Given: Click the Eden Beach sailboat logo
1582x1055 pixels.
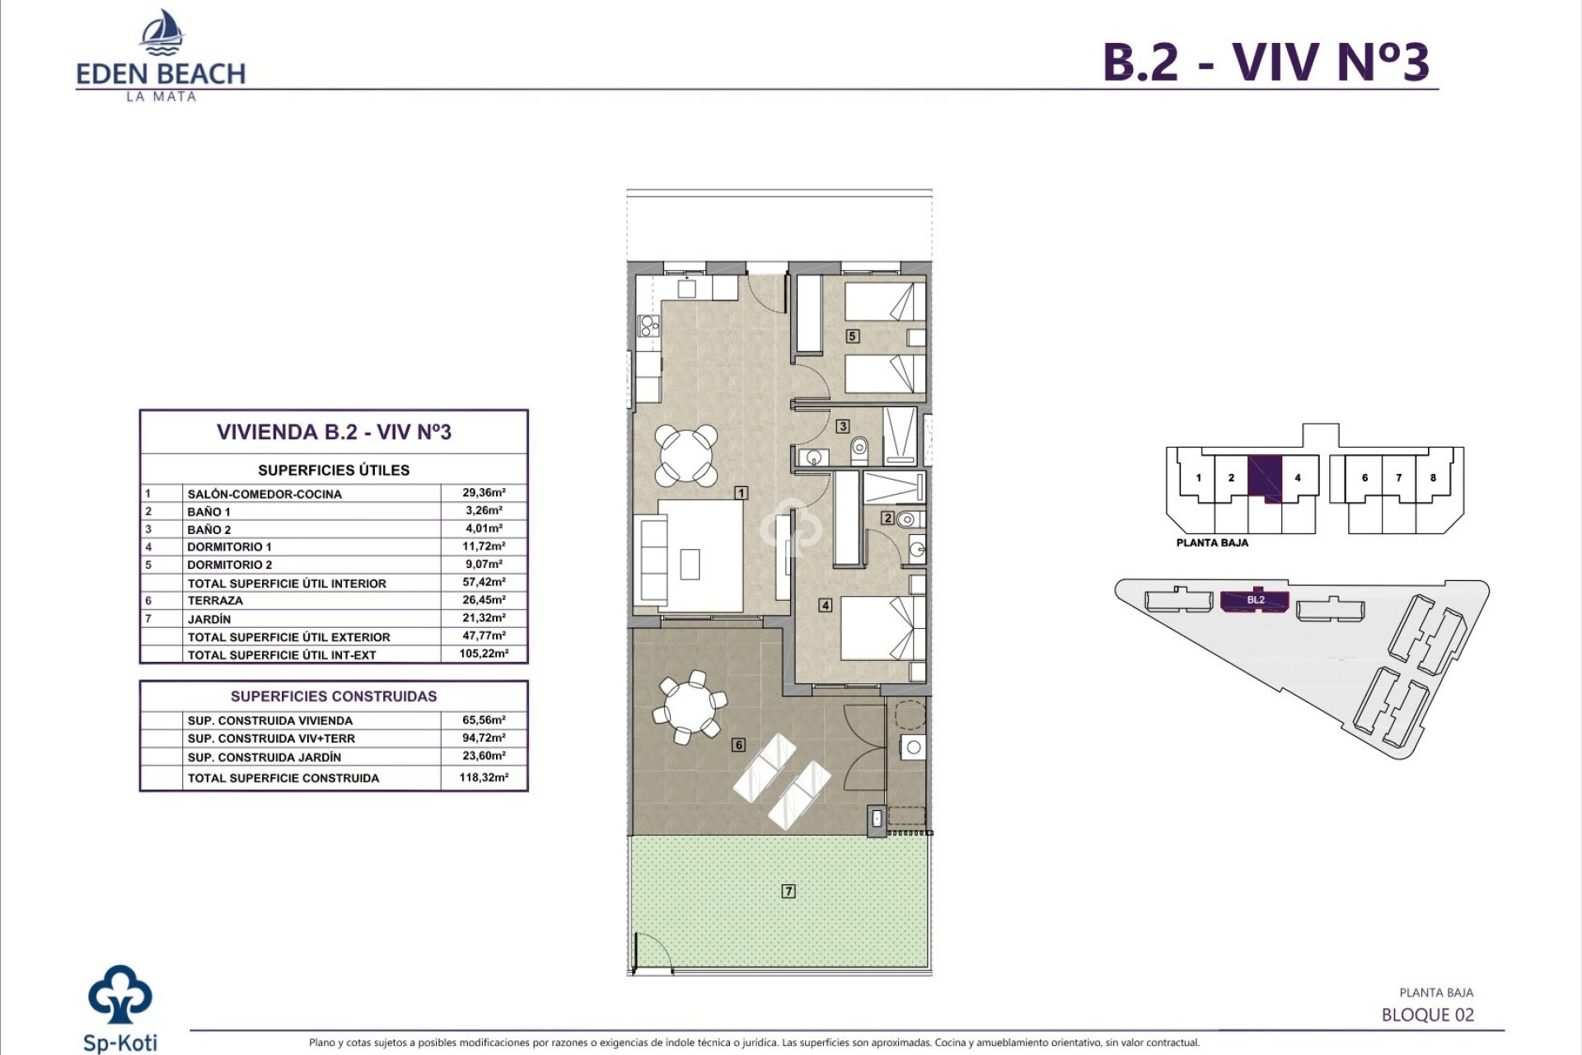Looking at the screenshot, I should click(x=161, y=33).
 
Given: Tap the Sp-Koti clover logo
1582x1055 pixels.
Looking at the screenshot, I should click(x=120, y=995).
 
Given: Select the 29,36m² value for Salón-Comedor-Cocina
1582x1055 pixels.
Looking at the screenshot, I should click(x=484, y=493).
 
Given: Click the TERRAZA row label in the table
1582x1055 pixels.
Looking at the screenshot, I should click(x=215, y=601).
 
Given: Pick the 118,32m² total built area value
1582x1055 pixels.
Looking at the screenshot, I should click(x=484, y=777).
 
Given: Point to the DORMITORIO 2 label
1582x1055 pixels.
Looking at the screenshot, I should click(x=229, y=565).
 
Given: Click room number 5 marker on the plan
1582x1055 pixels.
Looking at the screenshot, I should click(x=853, y=335).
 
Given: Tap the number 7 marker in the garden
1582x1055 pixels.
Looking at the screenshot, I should click(x=789, y=891).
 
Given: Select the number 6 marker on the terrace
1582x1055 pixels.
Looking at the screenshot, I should click(x=738, y=744).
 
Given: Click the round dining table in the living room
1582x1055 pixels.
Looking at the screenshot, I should click(x=686, y=454).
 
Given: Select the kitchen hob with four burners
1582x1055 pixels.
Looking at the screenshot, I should click(x=648, y=327).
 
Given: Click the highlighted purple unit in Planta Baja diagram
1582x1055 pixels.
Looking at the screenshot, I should click(x=1264, y=478).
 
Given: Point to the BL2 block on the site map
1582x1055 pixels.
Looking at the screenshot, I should click(x=1255, y=601).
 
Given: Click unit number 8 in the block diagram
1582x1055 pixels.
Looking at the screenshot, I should click(x=1433, y=478).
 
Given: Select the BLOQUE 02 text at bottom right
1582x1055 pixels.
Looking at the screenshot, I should click(x=1427, y=1015).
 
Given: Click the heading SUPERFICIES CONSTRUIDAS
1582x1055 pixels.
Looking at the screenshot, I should click(x=334, y=696).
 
